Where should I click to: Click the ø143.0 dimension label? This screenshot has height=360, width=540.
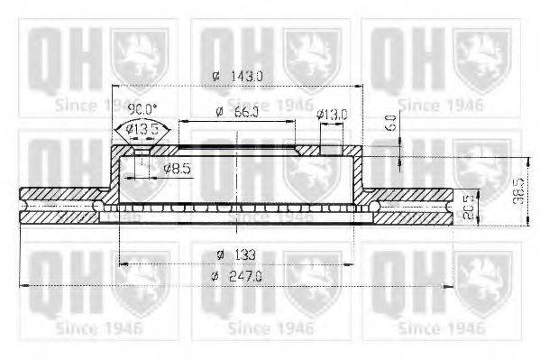pyautogui.click(x=235, y=78)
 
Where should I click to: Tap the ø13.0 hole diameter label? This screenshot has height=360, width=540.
pyautogui.click(x=332, y=115)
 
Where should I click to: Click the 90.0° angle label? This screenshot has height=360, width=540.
pyautogui.click(x=140, y=108)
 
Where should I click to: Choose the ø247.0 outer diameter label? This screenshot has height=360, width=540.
pyautogui.click(x=234, y=277)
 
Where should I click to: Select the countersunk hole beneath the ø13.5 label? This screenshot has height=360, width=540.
pyautogui.click(x=136, y=152)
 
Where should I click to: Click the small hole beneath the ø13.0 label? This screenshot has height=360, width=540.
pyautogui.click(x=331, y=149)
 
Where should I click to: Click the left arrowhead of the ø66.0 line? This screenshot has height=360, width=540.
pyautogui.click(x=181, y=120)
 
